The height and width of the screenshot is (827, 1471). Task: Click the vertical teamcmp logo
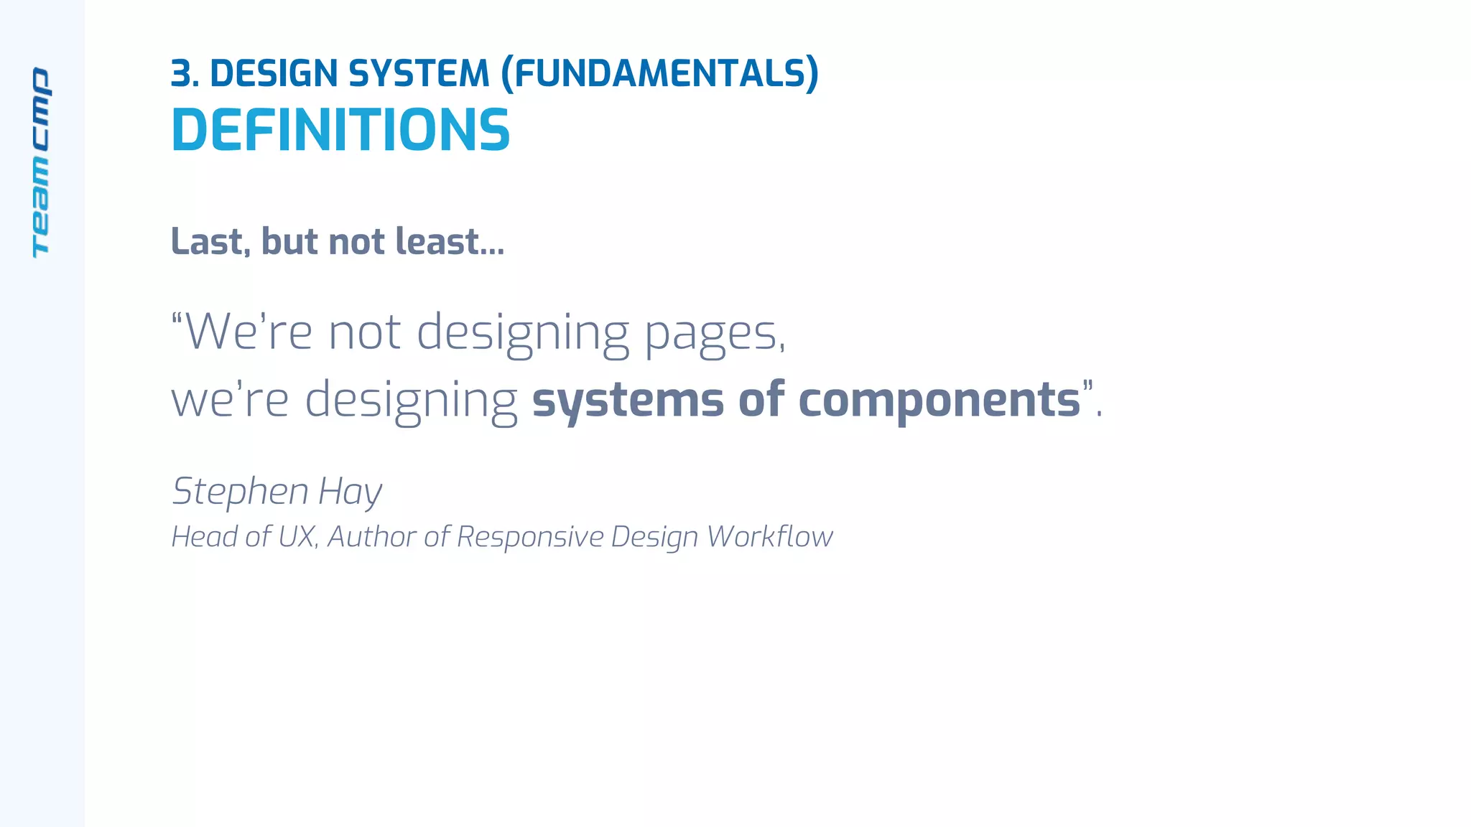41,163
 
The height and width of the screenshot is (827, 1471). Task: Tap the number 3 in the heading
182,74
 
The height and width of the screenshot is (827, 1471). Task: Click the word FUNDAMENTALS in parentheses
659,74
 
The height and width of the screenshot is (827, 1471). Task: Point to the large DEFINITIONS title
340,131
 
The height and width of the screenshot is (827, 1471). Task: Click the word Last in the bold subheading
210,241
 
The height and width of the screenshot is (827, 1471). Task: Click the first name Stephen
241,492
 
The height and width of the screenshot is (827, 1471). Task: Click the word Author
371,536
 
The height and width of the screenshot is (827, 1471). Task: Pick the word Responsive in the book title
530,537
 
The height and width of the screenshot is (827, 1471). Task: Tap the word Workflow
769,536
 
